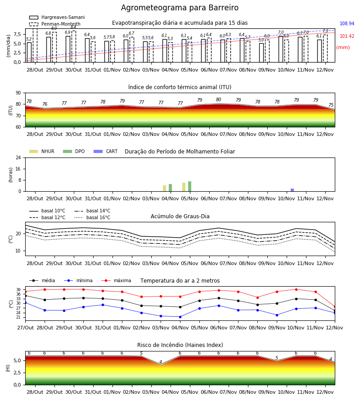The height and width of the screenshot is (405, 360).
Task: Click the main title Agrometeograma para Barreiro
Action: pyautogui.click(x=180, y=8)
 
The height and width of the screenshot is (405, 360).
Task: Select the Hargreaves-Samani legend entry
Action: pyautogui.click(x=57, y=17)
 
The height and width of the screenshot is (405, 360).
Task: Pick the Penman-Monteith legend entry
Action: pyautogui.click(x=55, y=24)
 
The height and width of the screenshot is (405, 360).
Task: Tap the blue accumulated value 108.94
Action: pyautogui.click(x=347, y=23)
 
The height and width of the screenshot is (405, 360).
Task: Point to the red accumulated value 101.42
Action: pyautogui.click(x=347, y=36)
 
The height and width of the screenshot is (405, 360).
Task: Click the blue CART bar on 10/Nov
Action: pyautogui.click(x=292, y=190)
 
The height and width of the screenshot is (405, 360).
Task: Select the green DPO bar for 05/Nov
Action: pyautogui.click(x=189, y=186)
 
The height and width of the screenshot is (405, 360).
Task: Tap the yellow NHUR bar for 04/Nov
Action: pyautogui.click(x=165, y=188)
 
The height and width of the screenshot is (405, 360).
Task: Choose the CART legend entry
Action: pyautogui.click(x=105, y=151)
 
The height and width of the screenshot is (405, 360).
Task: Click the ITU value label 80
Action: pyautogui.click(x=219, y=100)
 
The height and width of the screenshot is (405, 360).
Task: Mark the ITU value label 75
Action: pyautogui.click(x=331, y=105)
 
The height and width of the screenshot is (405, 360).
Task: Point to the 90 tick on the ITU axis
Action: pyautogui.click(x=18, y=93)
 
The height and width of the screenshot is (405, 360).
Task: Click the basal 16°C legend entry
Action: pyautogui.click(x=92, y=217)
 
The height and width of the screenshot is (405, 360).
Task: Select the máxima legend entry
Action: pyautogui.click(x=116, y=280)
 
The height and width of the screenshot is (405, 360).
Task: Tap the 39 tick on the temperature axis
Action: pyautogui.click(x=18, y=289)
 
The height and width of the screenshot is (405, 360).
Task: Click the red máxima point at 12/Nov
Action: pyautogui.click(x=335, y=307)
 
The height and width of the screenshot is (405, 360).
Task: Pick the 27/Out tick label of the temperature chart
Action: pyautogui.click(x=25, y=328)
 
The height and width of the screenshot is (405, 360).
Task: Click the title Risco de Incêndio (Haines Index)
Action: pyautogui.click(x=180, y=345)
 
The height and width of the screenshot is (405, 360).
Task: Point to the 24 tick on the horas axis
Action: pyautogui.click(x=18, y=158)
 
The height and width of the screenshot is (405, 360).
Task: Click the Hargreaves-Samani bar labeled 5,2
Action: pyautogui.click(x=29, y=52)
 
